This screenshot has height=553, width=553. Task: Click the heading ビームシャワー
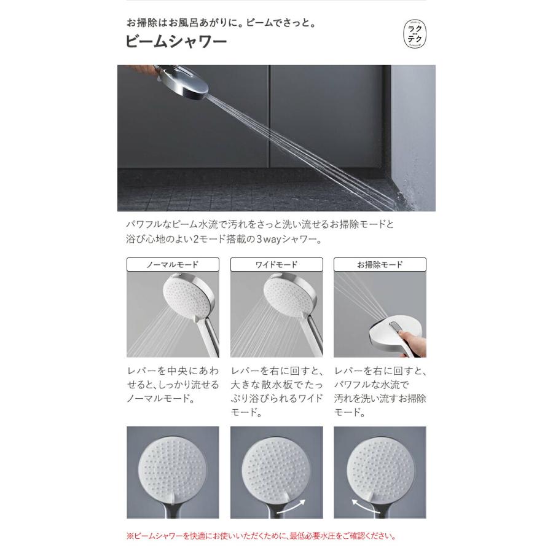pos(176,42)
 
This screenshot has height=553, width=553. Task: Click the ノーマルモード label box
pos(173,265)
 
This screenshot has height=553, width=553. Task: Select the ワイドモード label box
pos(276,265)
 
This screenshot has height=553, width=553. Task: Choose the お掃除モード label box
pos(380,265)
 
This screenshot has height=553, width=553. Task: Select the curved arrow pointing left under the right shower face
pos(364,508)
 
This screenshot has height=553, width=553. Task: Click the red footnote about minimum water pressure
pos(261,536)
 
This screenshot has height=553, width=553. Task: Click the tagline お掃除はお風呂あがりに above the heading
pos(221,23)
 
